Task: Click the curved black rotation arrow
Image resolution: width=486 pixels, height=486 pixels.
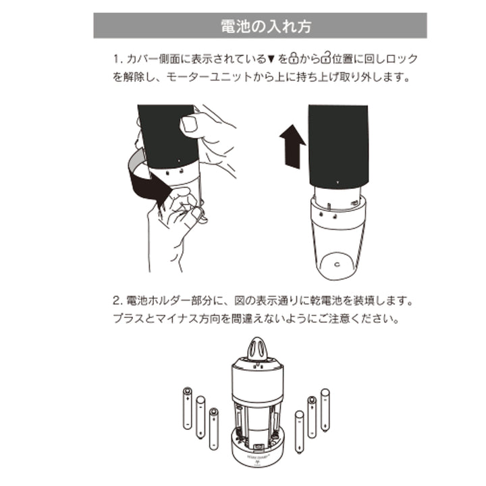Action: click(148, 178)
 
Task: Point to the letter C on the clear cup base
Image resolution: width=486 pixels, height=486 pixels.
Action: click(336, 265)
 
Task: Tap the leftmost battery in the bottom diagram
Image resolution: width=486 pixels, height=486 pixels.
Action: click(188, 409)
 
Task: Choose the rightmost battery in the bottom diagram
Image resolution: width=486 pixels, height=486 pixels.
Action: click(325, 409)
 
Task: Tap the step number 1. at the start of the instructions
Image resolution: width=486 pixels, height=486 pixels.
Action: click(117, 59)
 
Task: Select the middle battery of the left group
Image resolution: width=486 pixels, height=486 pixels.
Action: click(200, 417)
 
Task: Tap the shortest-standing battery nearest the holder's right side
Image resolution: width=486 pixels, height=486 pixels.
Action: click(299, 431)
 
